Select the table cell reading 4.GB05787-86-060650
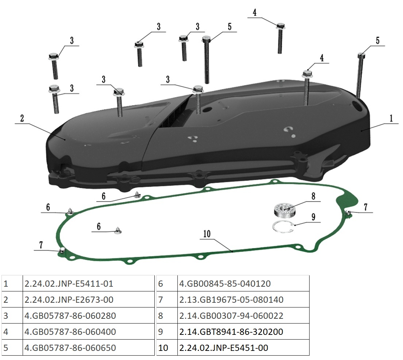[x=70, y=348]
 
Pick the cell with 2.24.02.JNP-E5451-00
[x=223, y=348]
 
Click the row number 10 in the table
[x=163, y=348]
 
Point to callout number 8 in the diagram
[x=313, y=196]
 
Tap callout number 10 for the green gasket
[x=207, y=234]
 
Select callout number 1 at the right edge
[x=391, y=118]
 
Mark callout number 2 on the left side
[x=22, y=118]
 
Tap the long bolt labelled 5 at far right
[x=360, y=75]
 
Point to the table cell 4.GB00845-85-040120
[x=225, y=283]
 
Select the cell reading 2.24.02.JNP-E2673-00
[x=69, y=299]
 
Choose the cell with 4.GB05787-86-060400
[x=70, y=332]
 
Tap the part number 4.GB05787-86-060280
[x=70, y=316]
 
